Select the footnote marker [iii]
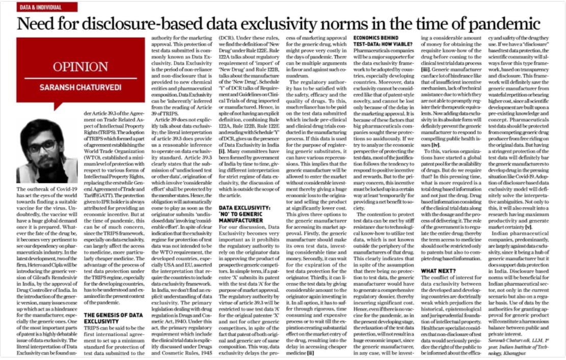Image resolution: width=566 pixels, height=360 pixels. coord(426,69)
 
